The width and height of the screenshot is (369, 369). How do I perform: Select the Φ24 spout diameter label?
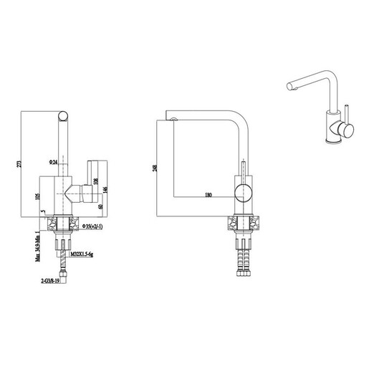coord(54,161)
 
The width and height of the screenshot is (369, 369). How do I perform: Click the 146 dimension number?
coord(106,189)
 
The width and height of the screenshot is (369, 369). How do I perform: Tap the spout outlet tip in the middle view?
coord(173,118)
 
